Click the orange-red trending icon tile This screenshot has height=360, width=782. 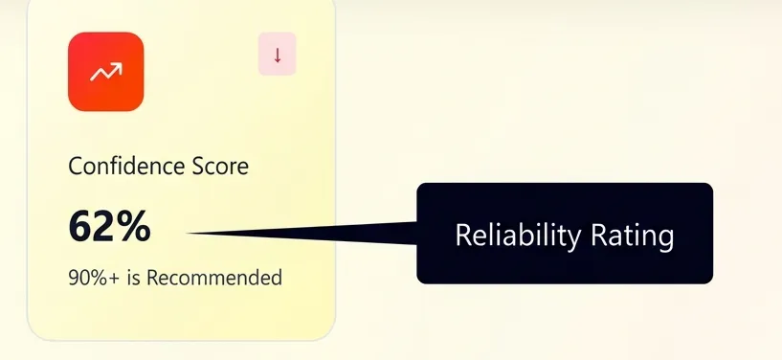tap(105, 72)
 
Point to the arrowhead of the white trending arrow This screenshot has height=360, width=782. tap(119, 66)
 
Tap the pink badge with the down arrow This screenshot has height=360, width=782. tap(278, 55)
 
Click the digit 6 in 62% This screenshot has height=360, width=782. tap(80, 227)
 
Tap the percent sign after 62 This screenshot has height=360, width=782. tap(133, 227)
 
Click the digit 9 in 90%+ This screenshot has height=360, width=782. tap(74, 279)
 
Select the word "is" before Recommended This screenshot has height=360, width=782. tap(133, 279)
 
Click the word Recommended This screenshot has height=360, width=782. tap(214, 279)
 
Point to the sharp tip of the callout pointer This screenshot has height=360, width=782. tap(189, 232)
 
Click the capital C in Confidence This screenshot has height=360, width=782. tap(76, 167)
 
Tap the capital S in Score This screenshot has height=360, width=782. tap(191, 167)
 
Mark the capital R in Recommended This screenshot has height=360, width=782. tap(152, 279)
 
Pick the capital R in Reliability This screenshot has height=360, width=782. tap(462, 235)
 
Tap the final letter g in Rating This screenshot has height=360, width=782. tap(666, 238)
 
